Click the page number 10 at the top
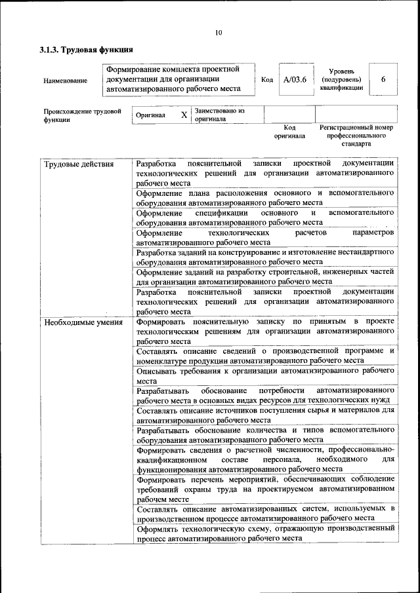click(219, 33)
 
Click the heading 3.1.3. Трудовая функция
click(87, 49)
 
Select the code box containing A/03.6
click(291, 79)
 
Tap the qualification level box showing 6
click(383, 79)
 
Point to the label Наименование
click(65, 81)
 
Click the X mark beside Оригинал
click(184, 115)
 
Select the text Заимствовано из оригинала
click(219, 115)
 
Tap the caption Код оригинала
click(289, 132)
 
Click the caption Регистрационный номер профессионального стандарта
click(356, 135)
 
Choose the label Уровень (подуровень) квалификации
click(342, 79)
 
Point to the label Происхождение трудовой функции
click(83, 115)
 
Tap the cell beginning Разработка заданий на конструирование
click(265, 256)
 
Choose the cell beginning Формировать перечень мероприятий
click(265, 489)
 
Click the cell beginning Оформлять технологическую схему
click(265, 532)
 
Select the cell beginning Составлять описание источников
click(265, 415)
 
